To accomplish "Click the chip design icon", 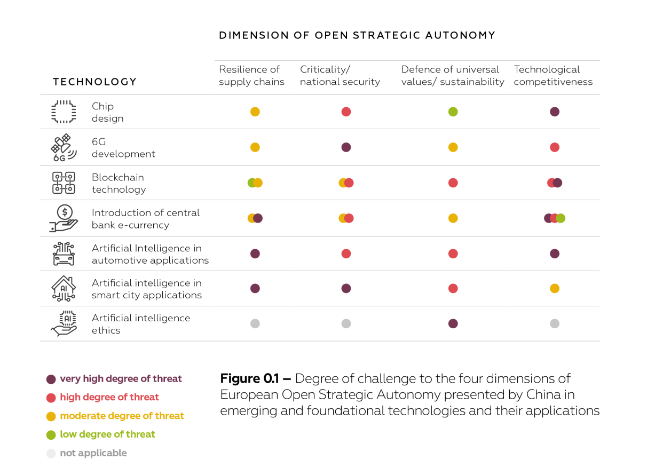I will [64, 112].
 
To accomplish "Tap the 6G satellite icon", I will [64, 147].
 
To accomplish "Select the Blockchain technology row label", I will [118, 183].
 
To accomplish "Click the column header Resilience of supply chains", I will [251, 75].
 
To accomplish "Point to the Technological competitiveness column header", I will [553, 75].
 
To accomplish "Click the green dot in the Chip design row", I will [453, 112].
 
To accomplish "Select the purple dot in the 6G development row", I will [346, 147].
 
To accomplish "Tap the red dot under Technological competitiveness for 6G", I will [555, 147].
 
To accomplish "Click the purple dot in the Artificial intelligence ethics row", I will [453, 323].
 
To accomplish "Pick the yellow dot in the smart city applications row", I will [555, 288].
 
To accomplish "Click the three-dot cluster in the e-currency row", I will [555, 218].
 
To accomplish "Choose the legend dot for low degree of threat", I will [51, 434].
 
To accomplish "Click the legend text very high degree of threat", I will [121, 379].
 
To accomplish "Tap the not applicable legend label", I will [93, 453].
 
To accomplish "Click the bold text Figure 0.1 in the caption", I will [255, 379].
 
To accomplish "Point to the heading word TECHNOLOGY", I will [94, 82].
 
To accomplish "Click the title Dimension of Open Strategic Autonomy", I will [357, 35].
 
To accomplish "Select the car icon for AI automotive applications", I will [64, 254].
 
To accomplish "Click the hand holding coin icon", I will [64, 218].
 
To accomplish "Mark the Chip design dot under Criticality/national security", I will [346, 112].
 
